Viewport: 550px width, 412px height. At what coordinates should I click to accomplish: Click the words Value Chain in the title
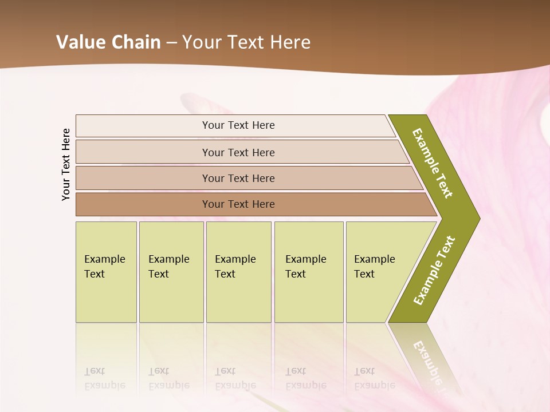pos(108,42)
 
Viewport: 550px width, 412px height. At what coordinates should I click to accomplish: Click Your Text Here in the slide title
pos(246,42)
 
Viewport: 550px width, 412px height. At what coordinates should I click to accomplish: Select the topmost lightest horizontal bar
pos(143,126)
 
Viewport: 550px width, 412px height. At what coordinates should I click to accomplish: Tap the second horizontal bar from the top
pos(143,152)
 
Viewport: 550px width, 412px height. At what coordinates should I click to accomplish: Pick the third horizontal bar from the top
pos(143,178)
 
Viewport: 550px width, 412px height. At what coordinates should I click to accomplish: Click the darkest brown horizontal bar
pos(143,204)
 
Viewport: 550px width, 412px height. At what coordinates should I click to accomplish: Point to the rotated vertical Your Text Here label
pos(66,164)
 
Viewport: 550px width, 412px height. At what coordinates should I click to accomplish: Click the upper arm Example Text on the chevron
pos(433,163)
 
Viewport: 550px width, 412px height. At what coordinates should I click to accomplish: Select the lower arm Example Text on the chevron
pos(434,271)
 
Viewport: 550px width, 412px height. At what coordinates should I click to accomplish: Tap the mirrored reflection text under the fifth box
pos(374,378)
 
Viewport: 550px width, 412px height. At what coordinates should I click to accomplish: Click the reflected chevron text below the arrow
pos(427,360)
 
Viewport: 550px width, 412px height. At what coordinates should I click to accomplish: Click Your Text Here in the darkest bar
pos(238,204)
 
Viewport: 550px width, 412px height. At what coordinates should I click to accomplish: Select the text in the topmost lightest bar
pos(238,125)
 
